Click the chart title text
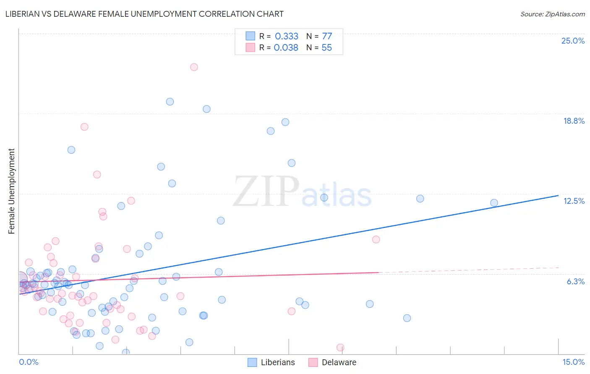click(x=144, y=14)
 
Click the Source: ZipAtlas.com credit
click(x=552, y=14)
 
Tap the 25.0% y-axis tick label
click(x=573, y=41)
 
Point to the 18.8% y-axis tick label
click(x=574, y=121)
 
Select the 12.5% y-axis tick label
click(x=574, y=201)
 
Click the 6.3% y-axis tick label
click(x=575, y=281)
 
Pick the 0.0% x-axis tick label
click(x=29, y=362)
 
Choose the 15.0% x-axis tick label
click(x=573, y=362)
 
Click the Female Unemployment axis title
click(x=11, y=191)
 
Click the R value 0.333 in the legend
click(x=287, y=36)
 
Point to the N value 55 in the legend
click(x=326, y=48)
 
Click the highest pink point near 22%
click(x=194, y=67)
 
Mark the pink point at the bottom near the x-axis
click(x=340, y=348)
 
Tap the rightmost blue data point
click(x=494, y=203)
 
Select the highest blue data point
click(x=170, y=101)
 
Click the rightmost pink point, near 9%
click(x=376, y=239)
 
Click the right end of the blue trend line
click(x=558, y=195)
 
